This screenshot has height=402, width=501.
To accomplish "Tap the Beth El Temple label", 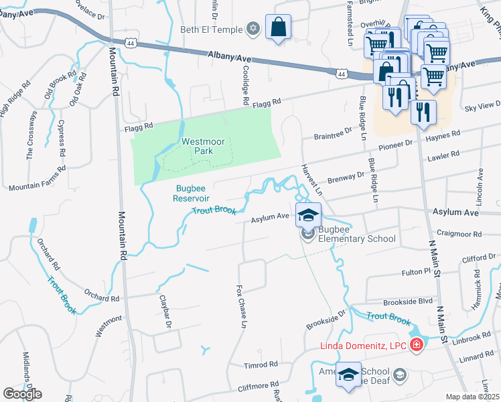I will coord(210,29).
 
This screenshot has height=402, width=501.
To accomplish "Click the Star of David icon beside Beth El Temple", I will coord(253,28).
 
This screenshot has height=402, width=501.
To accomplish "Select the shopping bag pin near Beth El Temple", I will coord(278,28).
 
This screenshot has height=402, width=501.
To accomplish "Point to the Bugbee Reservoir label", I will coord(192,193).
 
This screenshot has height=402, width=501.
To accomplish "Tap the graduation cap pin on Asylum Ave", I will coord(308,216).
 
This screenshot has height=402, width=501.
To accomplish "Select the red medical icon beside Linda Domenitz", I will coord(417,344).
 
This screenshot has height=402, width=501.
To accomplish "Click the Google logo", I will coord(23,393).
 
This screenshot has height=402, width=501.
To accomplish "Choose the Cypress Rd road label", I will coord(62,140).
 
